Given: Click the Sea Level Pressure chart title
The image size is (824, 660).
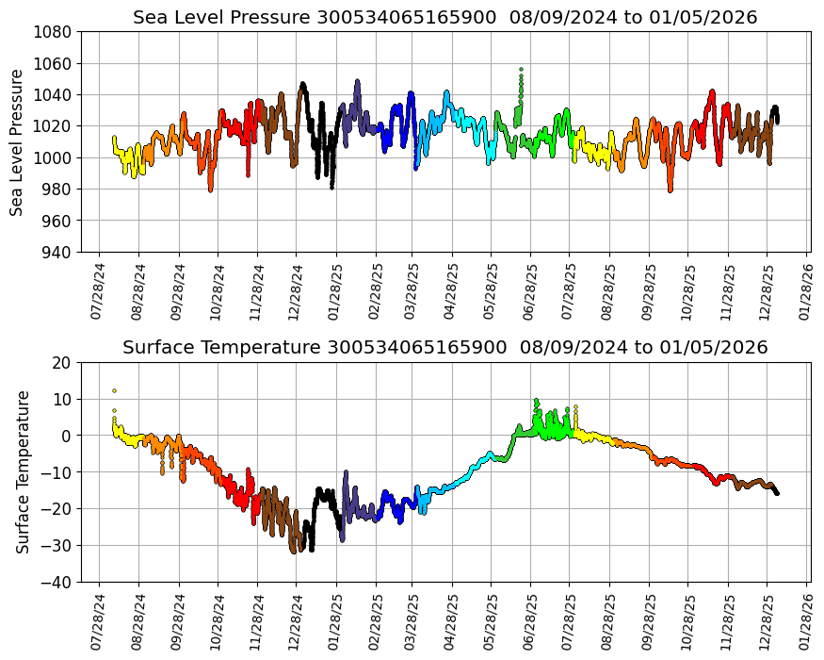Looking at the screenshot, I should (x=444, y=17).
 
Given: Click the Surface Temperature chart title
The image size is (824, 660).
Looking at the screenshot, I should (x=444, y=347).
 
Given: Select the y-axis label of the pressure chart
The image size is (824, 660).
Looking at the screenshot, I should (x=17, y=141).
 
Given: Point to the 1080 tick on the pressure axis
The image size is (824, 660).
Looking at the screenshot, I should (x=56, y=32).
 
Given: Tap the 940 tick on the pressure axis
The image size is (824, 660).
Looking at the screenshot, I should (x=56, y=253).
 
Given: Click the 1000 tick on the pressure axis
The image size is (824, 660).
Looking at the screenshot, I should (x=56, y=158).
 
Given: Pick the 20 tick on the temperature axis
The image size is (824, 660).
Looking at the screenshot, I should (x=62, y=362).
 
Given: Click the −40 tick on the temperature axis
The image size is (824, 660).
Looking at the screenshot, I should (x=56, y=583).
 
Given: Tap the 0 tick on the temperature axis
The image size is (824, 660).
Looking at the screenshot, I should (x=66, y=436).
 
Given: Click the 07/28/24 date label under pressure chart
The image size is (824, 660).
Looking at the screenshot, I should (x=97, y=291).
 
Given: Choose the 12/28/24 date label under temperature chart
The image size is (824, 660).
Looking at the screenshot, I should (x=293, y=621).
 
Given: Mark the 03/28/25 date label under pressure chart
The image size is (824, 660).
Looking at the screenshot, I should (x=411, y=291).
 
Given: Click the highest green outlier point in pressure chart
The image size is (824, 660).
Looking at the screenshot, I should (x=521, y=69).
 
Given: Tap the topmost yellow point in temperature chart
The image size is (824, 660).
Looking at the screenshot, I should (x=114, y=390).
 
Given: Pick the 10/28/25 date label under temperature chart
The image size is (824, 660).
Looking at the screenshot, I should (x=687, y=621).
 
